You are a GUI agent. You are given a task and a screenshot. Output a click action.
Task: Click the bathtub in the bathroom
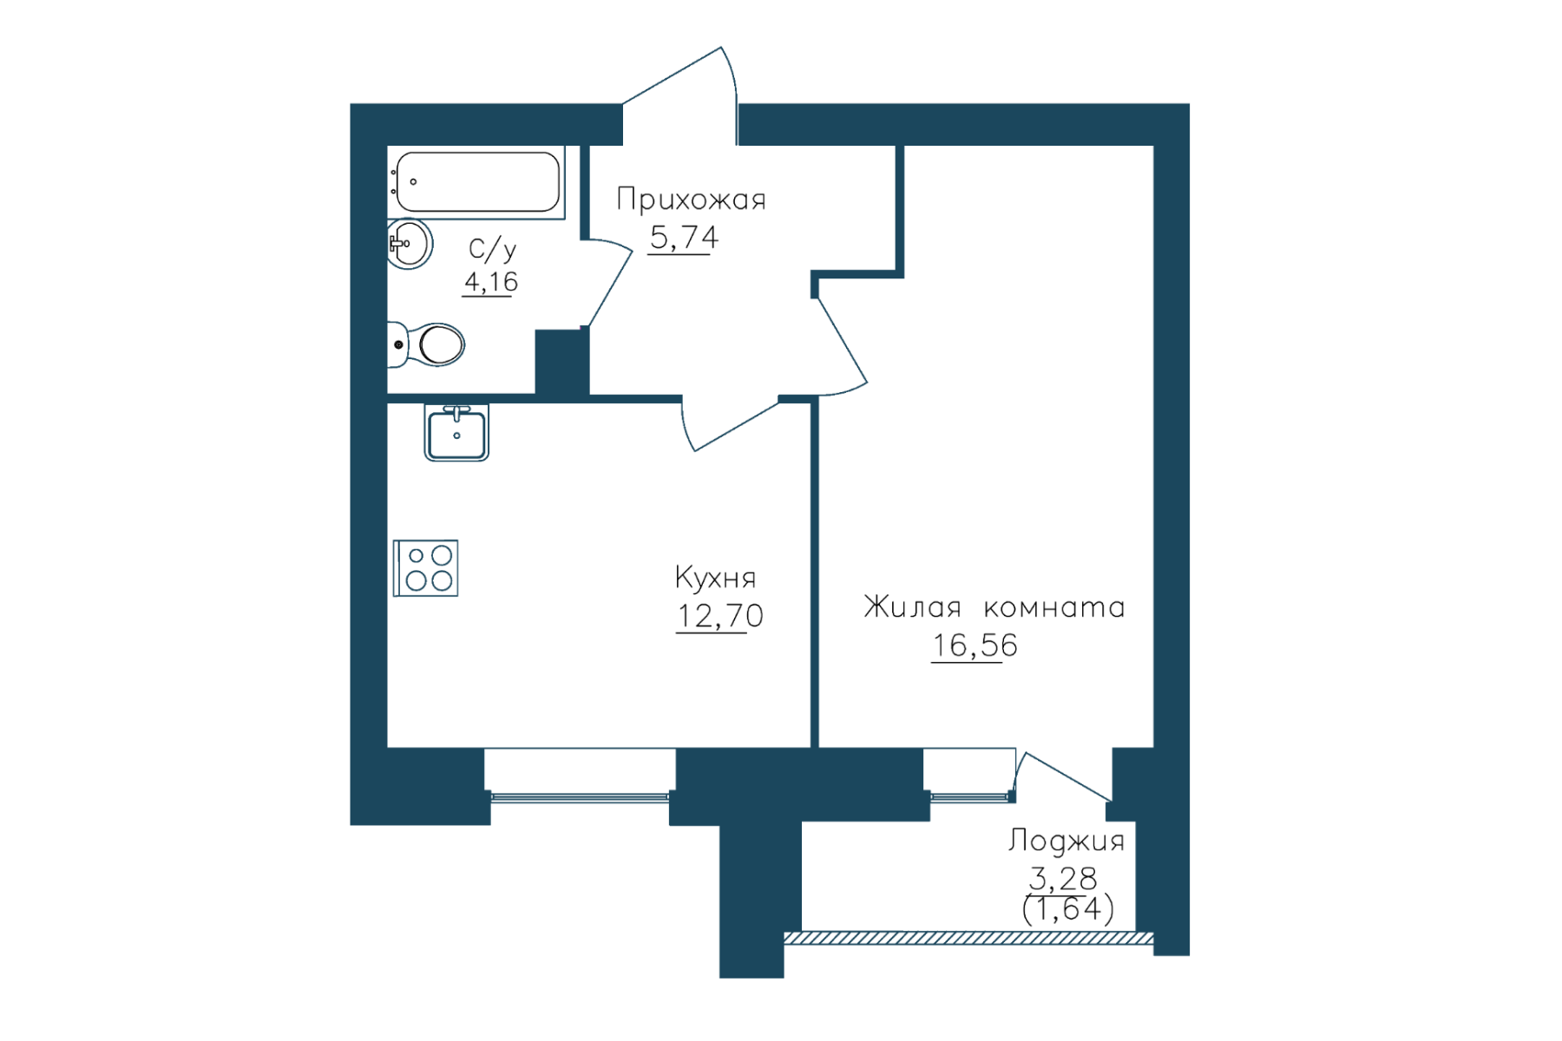pos(476,182)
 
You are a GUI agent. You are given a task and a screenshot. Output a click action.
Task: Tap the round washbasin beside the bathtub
pos(410,244)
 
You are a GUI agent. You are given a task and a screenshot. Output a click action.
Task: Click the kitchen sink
pos(456,432)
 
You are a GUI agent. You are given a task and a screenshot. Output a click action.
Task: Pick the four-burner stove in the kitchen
pos(425,568)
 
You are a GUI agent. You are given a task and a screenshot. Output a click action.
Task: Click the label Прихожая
pos(692,200)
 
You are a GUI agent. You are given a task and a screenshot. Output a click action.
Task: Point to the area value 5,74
pos(684,238)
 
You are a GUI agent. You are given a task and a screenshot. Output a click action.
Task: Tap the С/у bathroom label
pos(492,250)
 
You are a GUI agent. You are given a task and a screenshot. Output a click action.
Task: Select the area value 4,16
pos(491,282)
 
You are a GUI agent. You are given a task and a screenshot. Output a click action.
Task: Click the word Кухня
pos(715,579)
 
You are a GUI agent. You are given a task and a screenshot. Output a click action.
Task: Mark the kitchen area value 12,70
pos(719,617)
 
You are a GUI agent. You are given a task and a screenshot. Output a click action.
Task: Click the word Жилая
pos(912,606)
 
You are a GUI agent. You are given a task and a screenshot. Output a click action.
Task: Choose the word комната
pos(1054,607)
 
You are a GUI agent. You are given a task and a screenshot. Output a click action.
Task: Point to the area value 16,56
pos(975,646)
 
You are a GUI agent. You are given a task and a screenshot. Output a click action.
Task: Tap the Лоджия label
pos(1066,841)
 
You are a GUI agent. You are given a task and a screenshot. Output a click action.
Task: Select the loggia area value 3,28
pos(1063,879)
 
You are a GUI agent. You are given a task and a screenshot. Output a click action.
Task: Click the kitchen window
pos(580,795)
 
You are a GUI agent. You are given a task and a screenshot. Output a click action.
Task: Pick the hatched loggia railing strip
pos(968,938)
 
